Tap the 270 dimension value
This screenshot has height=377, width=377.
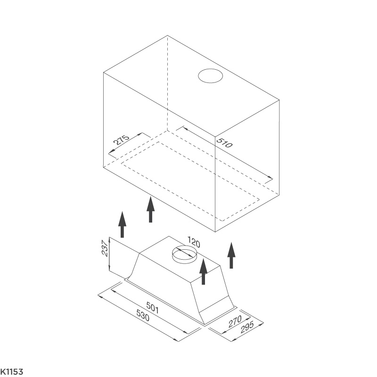coord(235,321)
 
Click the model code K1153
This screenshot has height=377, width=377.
coord(11,372)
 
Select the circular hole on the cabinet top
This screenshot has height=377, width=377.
coord(211,75)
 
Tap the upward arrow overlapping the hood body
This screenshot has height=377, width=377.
coord(204,272)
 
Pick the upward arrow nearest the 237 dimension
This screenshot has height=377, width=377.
coord(122,224)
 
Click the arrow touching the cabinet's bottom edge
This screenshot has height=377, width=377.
coord(150,209)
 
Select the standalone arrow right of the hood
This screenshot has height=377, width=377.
coord(231,255)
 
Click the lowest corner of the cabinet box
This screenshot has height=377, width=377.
coord(215,232)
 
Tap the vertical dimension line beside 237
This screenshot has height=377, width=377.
coord(109,254)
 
